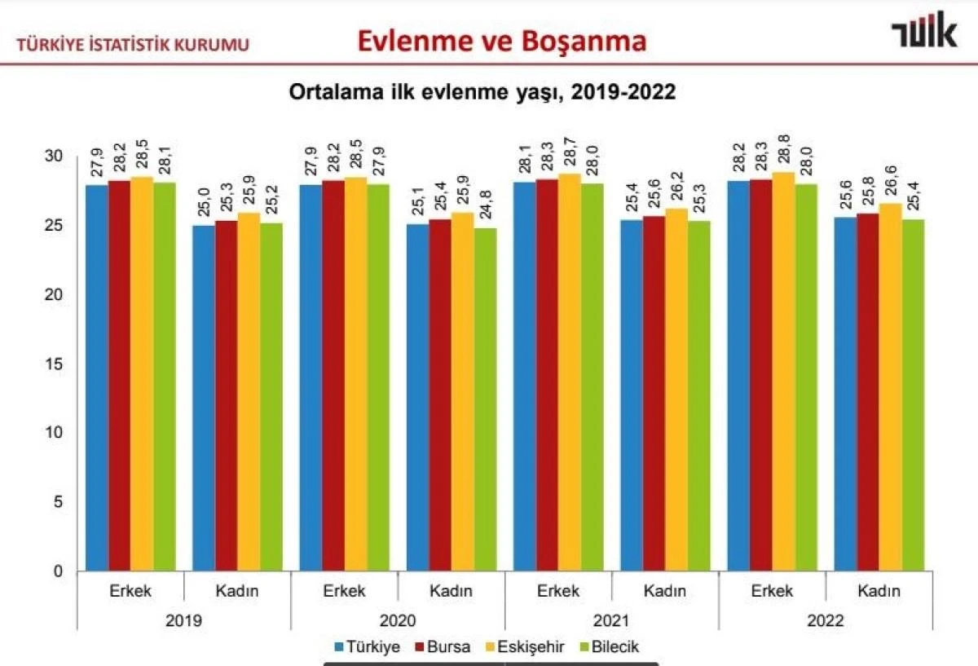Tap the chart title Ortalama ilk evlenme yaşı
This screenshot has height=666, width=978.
point(482,92)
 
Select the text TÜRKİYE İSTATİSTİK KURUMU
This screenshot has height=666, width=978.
point(133,45)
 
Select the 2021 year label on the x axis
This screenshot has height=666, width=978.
point(611,620)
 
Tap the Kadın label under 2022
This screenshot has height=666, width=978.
point(879,591)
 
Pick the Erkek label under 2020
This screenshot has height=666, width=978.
point(345,591)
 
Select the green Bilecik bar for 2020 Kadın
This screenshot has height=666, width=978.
point(484,399)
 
